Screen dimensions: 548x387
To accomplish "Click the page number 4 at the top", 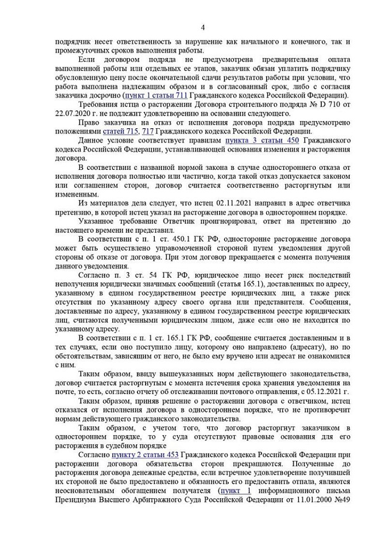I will [x=203, y=27].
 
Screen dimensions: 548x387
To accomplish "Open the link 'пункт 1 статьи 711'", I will [x=157, y=95].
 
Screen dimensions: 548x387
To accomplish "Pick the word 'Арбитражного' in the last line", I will [x=161, y=500].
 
